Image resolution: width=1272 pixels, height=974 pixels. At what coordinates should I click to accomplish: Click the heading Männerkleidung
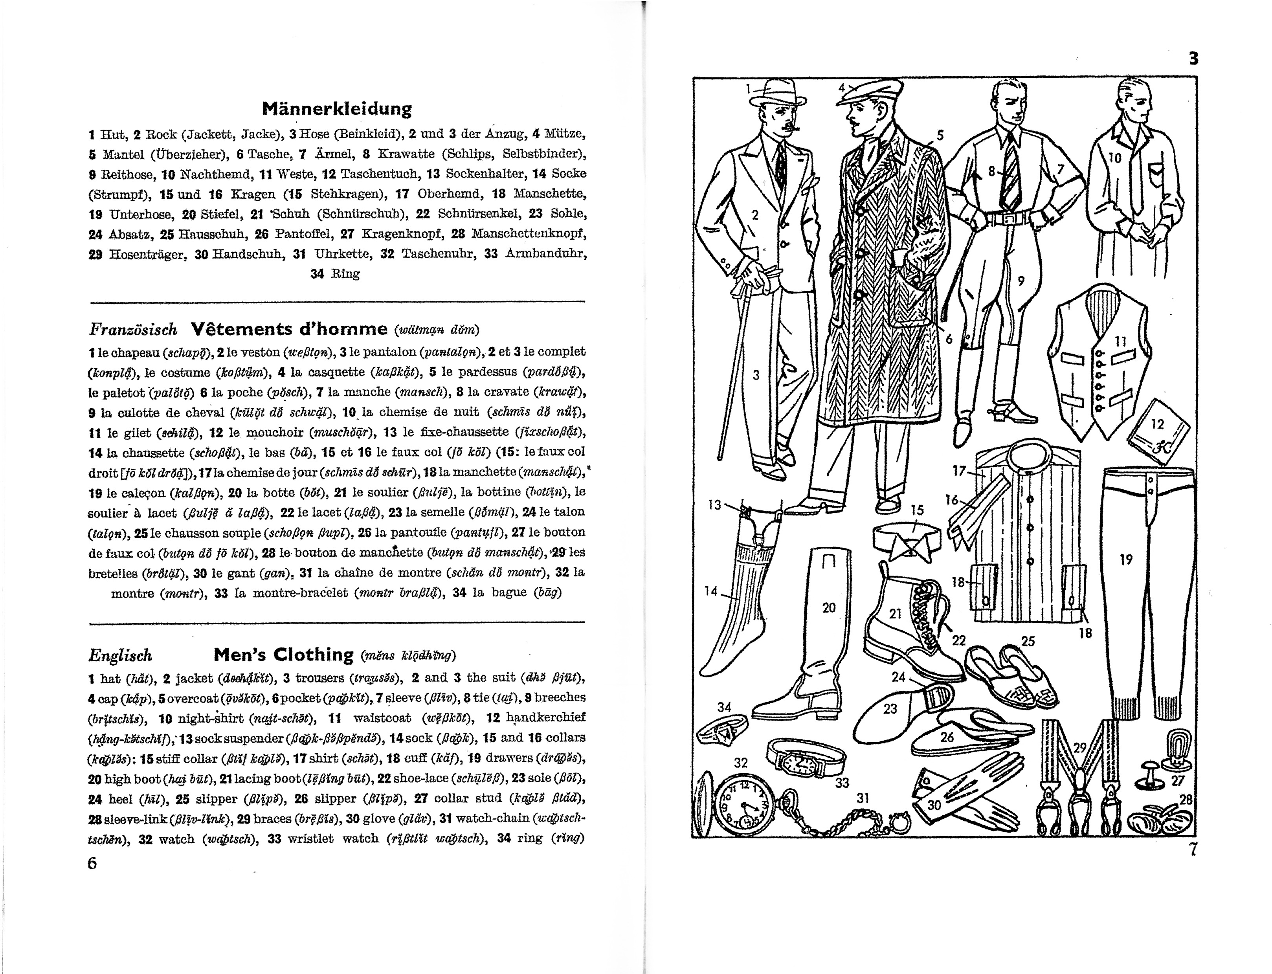[x=337, y=108]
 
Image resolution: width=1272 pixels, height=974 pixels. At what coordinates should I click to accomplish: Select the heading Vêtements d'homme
[x=289, y=329]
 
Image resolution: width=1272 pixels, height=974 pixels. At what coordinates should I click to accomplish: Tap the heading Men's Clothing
[x=283, y=655]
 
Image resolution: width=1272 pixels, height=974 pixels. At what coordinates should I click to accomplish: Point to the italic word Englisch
[x=120, y=656]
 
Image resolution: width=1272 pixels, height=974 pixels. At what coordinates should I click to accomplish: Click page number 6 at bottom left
[x=92, y=863]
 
